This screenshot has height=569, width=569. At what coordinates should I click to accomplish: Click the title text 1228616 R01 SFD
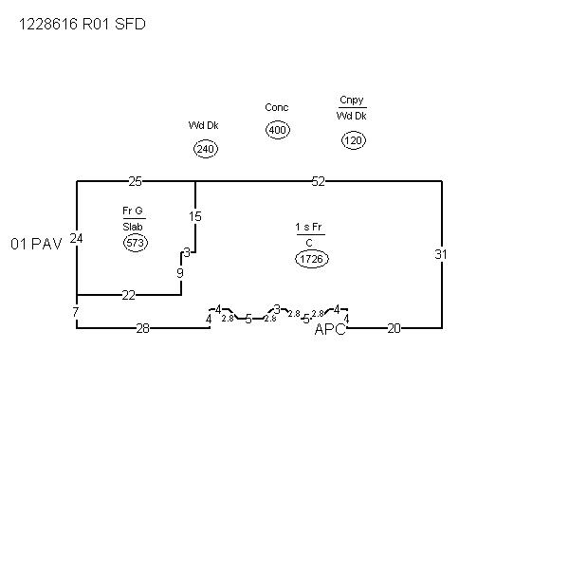[x=83, y=26]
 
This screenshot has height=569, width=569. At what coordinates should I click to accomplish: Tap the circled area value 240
[x=206, y=149]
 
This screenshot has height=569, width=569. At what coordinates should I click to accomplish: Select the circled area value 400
[x=277, y=130]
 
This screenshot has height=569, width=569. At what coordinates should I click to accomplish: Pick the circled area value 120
[x=354, y=140]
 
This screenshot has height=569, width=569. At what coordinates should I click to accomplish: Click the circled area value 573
[x=135, y=244]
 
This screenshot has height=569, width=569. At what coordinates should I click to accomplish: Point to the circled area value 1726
[x=312, y=258]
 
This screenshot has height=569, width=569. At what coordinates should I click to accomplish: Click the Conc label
[x=277, y=108]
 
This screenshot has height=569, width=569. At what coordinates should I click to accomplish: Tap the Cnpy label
[x=352, y=101]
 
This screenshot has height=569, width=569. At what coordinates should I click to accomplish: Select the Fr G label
[x=132, y=211]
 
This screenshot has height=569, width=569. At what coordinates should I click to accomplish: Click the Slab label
[x=132, y=227]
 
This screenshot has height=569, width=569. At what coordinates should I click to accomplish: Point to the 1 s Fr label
[x=309, y=228]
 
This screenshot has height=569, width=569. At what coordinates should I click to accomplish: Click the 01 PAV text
[x=36, y=244]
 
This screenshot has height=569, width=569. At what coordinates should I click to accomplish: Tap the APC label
[x=330, y=329]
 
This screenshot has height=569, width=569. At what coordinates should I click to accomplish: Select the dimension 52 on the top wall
[x=318, y=181]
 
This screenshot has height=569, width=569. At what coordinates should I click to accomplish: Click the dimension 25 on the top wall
[x=136, y=181]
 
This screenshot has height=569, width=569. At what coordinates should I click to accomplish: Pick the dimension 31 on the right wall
[x=441, y=254]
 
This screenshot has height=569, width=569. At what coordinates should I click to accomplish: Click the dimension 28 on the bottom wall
[x=142, y=328]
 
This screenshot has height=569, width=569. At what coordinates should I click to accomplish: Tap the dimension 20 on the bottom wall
[x=394, y=328]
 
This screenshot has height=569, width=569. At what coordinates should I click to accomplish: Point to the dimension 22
[x=128, y=295]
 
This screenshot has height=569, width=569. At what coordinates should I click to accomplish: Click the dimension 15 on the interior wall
[x=195, y=216]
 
